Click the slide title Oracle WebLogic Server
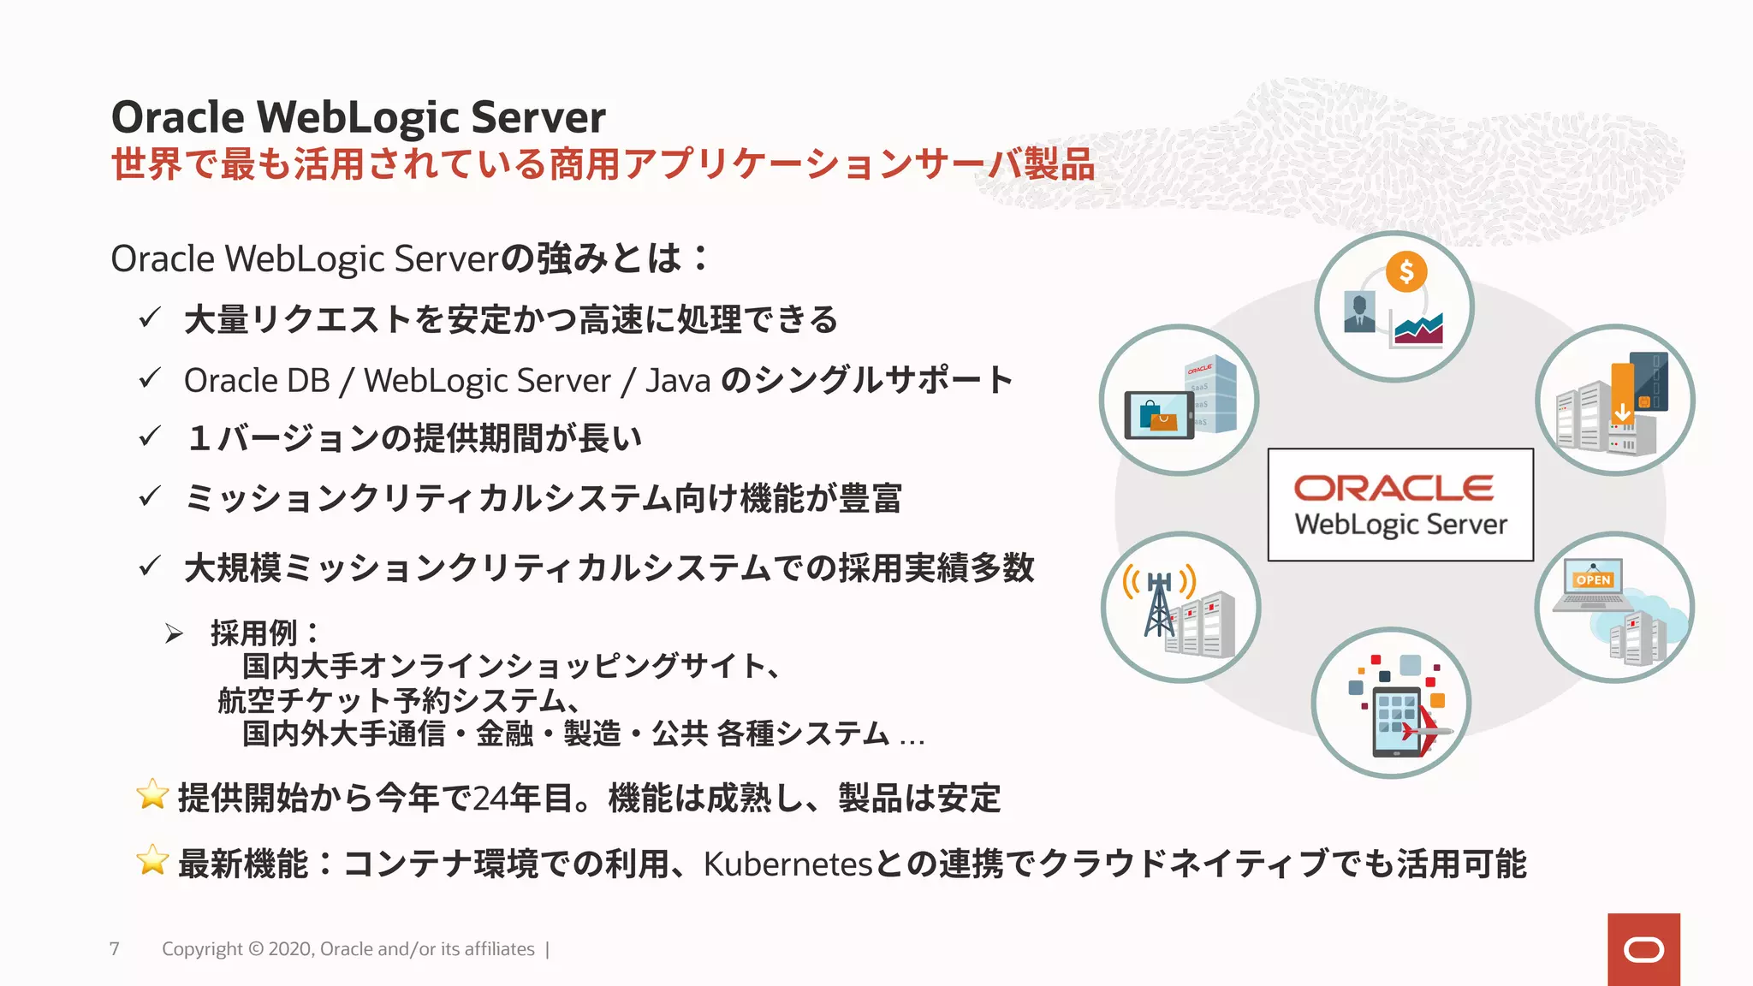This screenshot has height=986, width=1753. [x=358, y=117]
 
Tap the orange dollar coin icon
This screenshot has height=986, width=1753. [x=1405, y=272]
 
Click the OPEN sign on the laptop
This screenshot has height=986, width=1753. [x=1593, y=579]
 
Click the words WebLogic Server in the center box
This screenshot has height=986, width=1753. [x=1400, y=525]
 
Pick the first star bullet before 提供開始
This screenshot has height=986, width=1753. [x=152, y=794]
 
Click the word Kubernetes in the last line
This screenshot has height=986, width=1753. [x=787, y=864]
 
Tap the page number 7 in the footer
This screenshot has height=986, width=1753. [x=115, y=948]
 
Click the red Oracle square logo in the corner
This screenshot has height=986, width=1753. [x=1643, y=949]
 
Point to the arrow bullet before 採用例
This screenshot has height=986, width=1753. [x=174, y=634]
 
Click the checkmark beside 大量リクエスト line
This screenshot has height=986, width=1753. [x=150, y=318]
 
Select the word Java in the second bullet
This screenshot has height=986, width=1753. [x=678, y=381]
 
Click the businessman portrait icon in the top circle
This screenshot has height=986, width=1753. [x=1359, y=312]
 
